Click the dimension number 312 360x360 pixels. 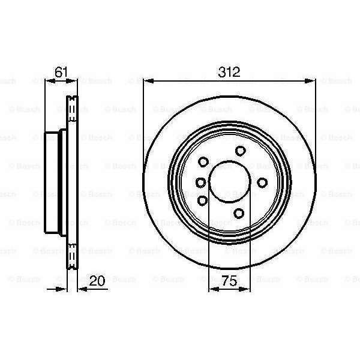229,72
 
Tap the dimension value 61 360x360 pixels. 61,72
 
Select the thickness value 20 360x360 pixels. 97,281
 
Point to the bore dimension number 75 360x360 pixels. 230,281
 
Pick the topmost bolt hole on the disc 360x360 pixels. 241,151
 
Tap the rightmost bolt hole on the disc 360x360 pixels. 262,182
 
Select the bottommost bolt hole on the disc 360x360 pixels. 239,213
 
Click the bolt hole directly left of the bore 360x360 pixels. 201,182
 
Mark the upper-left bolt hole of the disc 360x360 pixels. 203,162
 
